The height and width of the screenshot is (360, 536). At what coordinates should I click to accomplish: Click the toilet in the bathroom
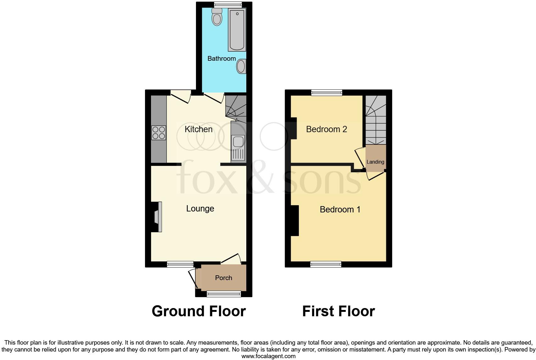[x=217, y=17]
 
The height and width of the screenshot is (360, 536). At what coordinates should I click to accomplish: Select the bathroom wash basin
[x=241, y=66]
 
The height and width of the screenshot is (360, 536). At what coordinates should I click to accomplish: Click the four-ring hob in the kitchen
[x=159, y=132]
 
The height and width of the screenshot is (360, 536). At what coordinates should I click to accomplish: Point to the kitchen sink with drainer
[x=238, y=148]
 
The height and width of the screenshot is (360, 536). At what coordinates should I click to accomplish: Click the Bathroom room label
[x=221, y=59]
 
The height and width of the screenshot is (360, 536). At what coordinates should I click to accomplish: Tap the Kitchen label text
[x=198, y=129]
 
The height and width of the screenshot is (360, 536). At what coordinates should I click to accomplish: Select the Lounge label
[x=200, y=208]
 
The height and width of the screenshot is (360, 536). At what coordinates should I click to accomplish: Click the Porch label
[x=224, y=278]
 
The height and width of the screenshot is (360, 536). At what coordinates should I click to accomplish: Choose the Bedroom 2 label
[x=326, y=129]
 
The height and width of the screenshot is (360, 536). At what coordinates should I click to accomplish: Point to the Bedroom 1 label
[x=340, y=209]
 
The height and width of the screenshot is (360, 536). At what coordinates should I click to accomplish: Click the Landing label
[x=375, y=162]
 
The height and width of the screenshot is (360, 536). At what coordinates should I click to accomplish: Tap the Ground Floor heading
[x=198, y=311]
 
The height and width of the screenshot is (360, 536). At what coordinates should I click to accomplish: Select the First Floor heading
[x=338, y=311]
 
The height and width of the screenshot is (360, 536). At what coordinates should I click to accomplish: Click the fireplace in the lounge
[x=158, y=217]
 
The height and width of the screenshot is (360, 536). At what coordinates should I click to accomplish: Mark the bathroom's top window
[x=228, y=4]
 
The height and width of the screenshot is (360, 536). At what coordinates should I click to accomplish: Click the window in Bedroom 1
[x=326, y=264]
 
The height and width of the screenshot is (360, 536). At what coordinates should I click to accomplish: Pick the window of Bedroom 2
[x=327, y=93]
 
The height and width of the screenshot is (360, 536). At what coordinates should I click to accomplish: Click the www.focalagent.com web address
[x=268, y=356]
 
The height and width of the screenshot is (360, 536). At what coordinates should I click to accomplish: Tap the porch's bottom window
[x=224, y=294]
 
